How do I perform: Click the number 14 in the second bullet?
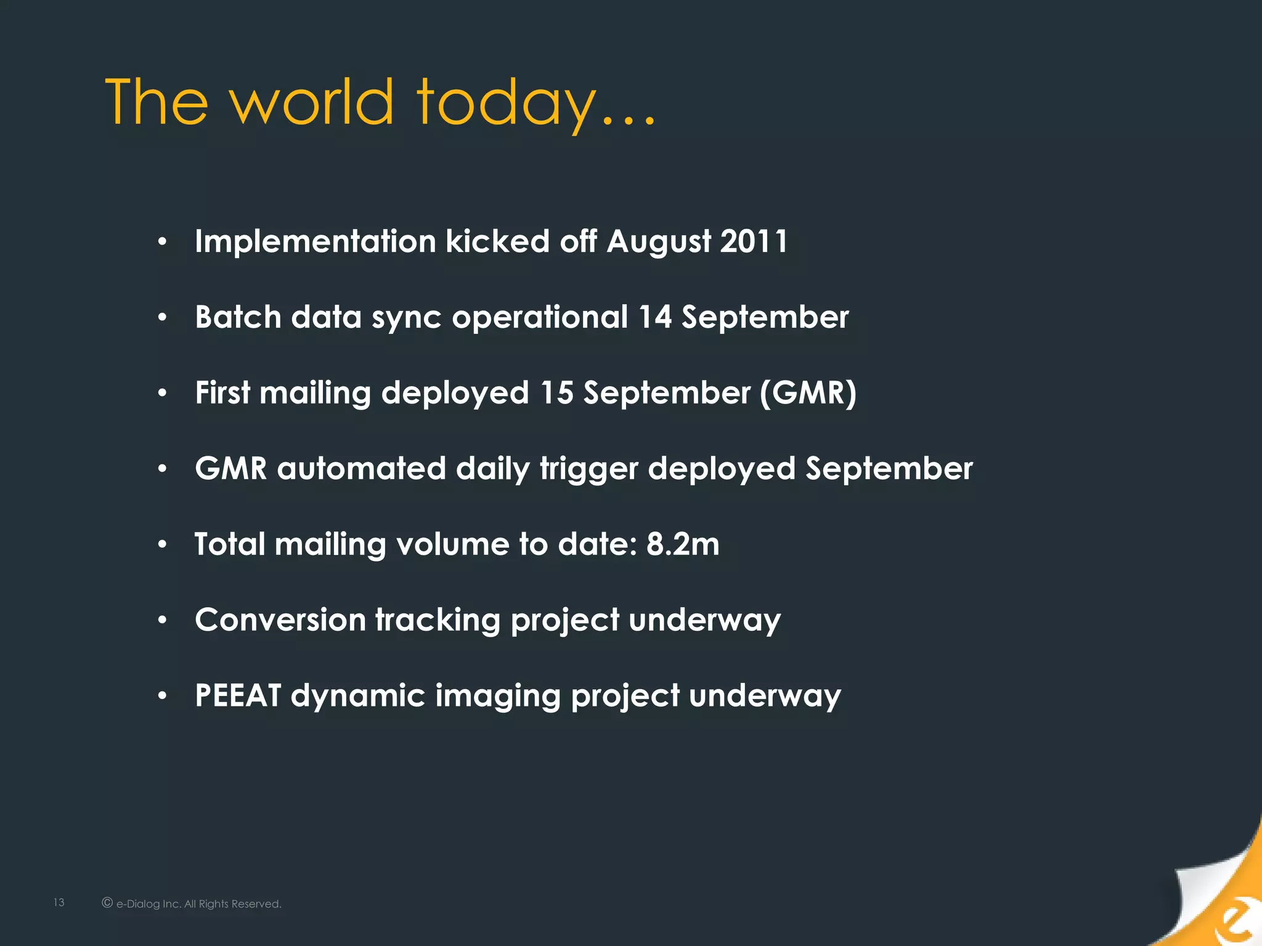(654, 317)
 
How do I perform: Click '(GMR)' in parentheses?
(808, 393)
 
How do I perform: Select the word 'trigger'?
(588, 469)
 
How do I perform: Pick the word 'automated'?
(361, 468)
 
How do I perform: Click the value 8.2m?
(683, 544)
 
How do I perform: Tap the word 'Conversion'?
(280, 620)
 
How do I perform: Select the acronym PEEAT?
(238, 695)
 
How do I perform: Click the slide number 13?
(59, 902)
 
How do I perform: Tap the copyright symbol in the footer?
(107, 903)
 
